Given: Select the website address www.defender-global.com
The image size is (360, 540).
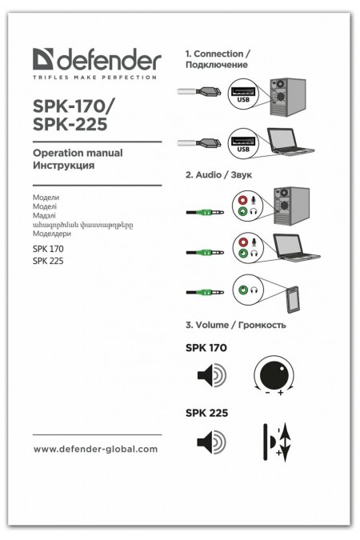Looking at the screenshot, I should pyautogui.click(x=95, y=449).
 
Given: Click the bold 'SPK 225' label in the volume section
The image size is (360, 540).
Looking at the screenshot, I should pyautogui.click(x=206, y=414).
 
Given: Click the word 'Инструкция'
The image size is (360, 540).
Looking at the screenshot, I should pyautogui.click(x=64, y=166).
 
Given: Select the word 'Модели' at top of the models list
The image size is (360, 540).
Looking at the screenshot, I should pyautogui.click(x=46, y=197).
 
